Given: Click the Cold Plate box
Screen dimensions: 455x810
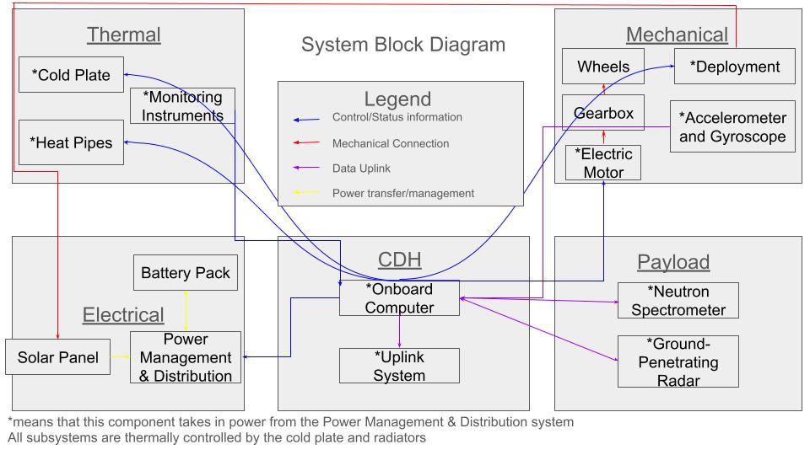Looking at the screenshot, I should (x=71, y=75).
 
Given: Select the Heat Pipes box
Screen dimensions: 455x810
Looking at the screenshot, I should (x=71, y=142).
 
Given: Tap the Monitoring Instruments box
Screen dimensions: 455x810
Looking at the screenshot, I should (x=182, y=105).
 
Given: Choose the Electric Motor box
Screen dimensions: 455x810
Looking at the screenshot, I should (x=604, y=163).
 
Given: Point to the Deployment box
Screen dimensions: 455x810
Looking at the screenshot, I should (x=734, y=67).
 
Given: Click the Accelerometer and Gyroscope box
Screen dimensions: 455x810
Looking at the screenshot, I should (x=732, y=126).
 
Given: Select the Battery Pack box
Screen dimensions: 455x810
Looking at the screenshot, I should (x=186, y=273).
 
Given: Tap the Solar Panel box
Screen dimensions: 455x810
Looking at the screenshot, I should (x=52, y=357).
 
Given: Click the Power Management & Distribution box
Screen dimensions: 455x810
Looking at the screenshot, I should (x=186, y=357).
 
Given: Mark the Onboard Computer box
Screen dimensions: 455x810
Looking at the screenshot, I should (x=399, y=298).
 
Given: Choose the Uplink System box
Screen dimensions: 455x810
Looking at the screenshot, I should (x=399, y=366).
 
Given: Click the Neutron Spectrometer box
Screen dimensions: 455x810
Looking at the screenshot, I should (x=678, y=300).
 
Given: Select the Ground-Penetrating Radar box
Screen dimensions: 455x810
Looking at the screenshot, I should (x=678, y=361).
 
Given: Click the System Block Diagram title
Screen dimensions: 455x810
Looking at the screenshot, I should (x=403, y=45).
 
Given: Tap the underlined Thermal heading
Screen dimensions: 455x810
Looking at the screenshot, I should (x=124, y=35).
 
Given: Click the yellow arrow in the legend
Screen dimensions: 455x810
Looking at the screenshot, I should (x=306, y=193).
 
